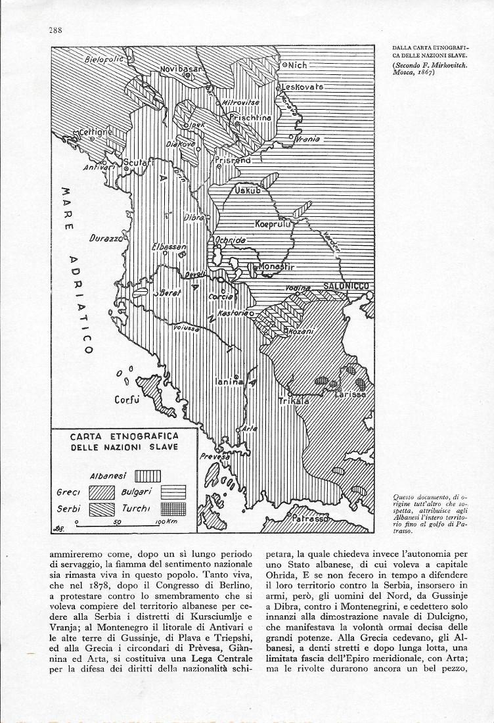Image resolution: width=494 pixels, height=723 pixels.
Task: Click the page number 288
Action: (x=55, y=30)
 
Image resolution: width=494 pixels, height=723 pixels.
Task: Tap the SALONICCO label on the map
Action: (x=345, y=286)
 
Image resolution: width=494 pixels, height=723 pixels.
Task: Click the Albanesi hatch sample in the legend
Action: (x=148, y=475)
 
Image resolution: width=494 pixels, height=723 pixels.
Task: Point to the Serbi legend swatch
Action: (x=102, y=509)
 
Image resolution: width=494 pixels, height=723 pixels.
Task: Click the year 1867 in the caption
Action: (x=424, y=72)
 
